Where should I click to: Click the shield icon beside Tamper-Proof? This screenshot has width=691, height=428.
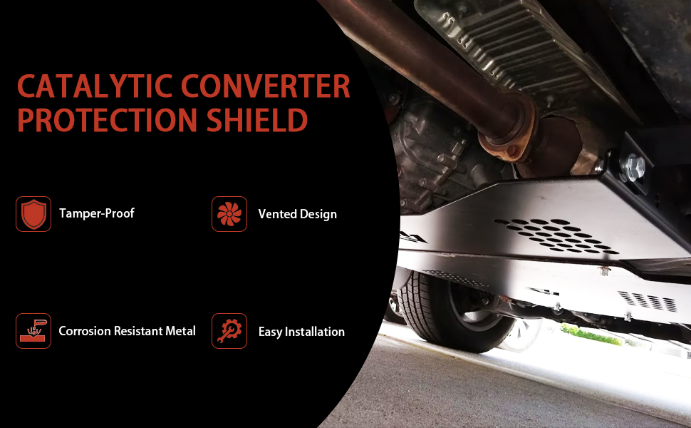(x=33, y=214)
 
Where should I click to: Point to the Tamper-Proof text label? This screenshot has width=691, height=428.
(x=97, y=213)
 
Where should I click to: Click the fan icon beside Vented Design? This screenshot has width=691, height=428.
(x=229, y=214)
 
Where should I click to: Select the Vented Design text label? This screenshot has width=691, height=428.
(x=297, y=214)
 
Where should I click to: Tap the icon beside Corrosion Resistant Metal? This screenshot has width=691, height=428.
(x=33, y=331)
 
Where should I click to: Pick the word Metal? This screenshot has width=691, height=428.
(x=180, y=331)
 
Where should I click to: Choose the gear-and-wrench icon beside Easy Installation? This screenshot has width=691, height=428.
(x=229, y=331)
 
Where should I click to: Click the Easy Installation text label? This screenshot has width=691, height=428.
(x=301, y=332)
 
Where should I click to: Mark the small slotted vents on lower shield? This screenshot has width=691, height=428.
(x=648, y=301)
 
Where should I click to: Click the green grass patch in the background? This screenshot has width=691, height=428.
(x=591, y=334)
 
